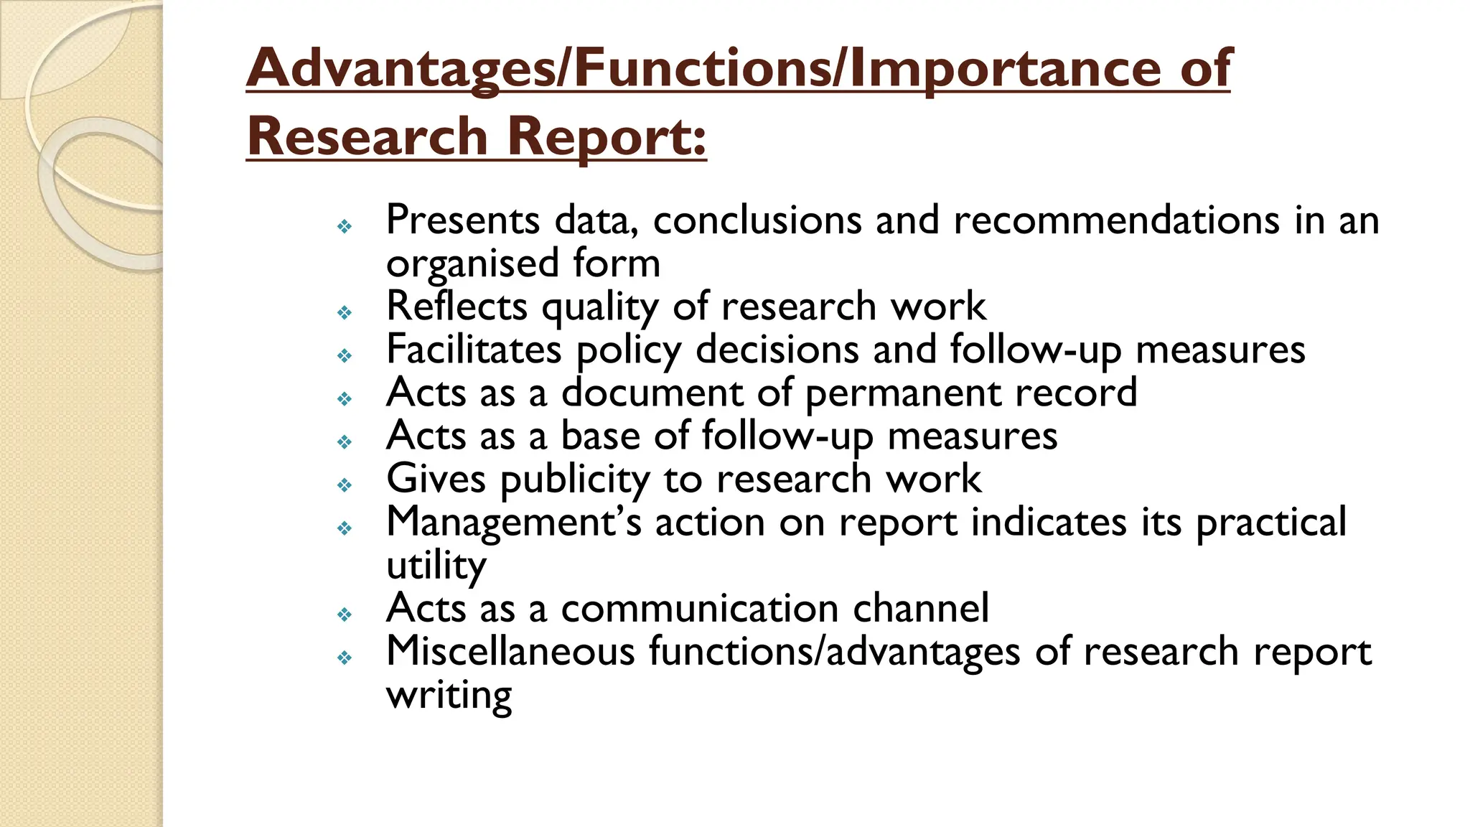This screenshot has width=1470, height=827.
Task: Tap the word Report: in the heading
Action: click(x=607, y=136)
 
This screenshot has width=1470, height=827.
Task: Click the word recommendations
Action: click(x=1116, y=220)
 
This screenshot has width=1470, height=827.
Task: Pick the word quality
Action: click(x=599, y=307)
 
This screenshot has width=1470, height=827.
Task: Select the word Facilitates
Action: click(x=474, y=350)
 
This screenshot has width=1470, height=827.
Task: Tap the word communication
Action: click(x=700, y=608)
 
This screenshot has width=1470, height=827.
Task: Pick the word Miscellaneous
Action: click(x=510, y=652)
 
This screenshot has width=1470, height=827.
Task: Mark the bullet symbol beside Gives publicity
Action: click(x=345, y=485)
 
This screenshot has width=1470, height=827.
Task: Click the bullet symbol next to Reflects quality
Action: click(x=345, y=312)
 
